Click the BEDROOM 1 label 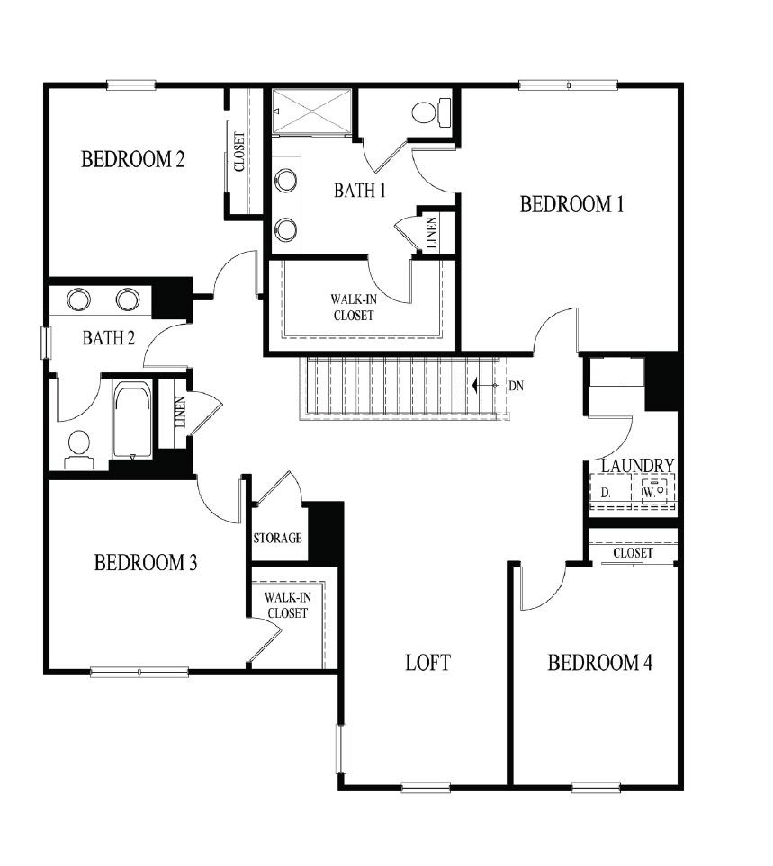coord(571,204)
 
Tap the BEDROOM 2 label coord(133,160)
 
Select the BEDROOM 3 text coord(146,563)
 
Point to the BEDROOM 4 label coord(600,664)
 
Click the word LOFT coord(427,664)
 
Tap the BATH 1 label coord(359,191)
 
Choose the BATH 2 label coord(109,338)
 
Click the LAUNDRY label coord(637,465)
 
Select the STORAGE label coord(277,539)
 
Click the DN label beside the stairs coord(517,385)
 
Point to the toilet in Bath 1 coord(429,112)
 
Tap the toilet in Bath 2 coord(79,446)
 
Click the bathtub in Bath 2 coord(133,420)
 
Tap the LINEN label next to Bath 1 coord(432,233)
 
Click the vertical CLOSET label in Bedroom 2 coord(239,153)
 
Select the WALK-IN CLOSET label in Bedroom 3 coord(286,604)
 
